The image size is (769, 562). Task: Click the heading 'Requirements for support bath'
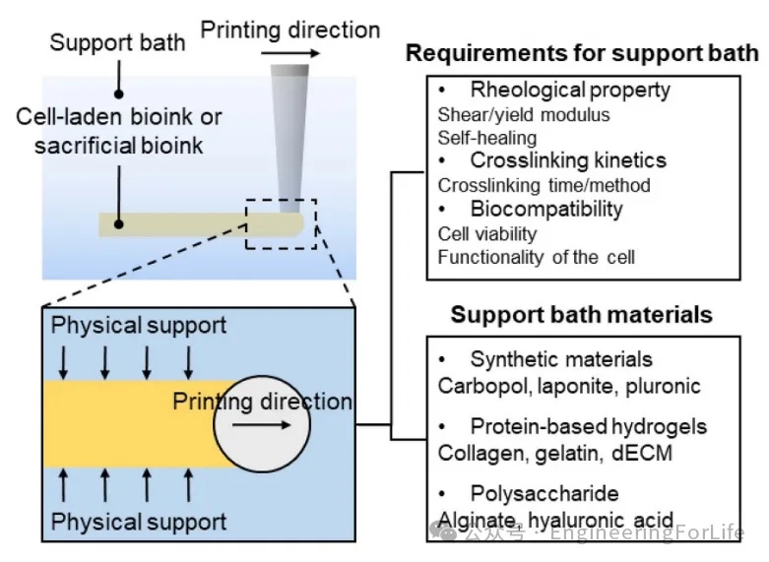pos(582,52)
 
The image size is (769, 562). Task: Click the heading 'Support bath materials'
pos(581,315)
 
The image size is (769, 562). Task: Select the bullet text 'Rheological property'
pos(570,90)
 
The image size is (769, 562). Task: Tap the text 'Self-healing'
pos(487,138)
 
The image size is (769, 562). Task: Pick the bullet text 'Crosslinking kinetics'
pos(568,160)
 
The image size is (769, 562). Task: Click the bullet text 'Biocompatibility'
pos(546,209)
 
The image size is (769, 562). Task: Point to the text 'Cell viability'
pos(487,233)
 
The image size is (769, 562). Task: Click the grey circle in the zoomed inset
pos(261,424)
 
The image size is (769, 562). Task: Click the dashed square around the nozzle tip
pos(281,201)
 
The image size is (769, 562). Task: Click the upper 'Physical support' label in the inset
pos(139,325)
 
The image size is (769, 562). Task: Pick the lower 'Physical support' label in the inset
pos(139,521)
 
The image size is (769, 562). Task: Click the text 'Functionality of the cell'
pos(537,258)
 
